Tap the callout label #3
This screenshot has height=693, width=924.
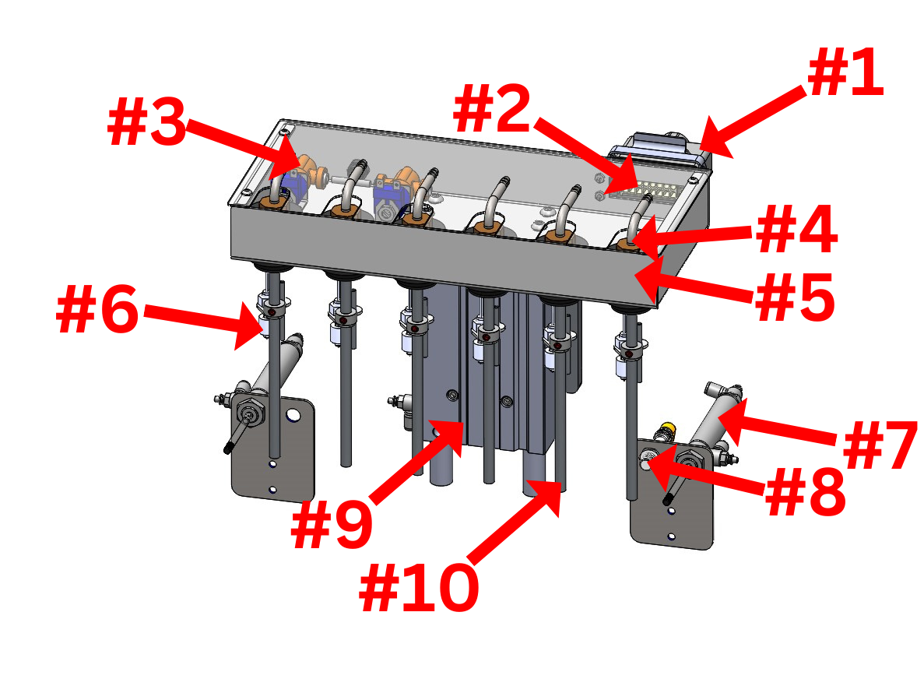tap(146, 122)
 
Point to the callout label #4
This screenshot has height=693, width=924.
tap(796, 230)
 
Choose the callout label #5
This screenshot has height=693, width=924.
tap(794, 297)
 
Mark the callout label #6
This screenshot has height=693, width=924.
tap(98, 309)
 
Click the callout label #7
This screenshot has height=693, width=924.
tap(880, 445)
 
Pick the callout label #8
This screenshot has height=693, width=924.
tap(805, 491)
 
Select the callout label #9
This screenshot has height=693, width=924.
tap(332, 524)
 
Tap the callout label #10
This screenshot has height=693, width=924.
tap(418, 587)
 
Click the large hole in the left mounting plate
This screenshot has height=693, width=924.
tap(293, 416)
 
